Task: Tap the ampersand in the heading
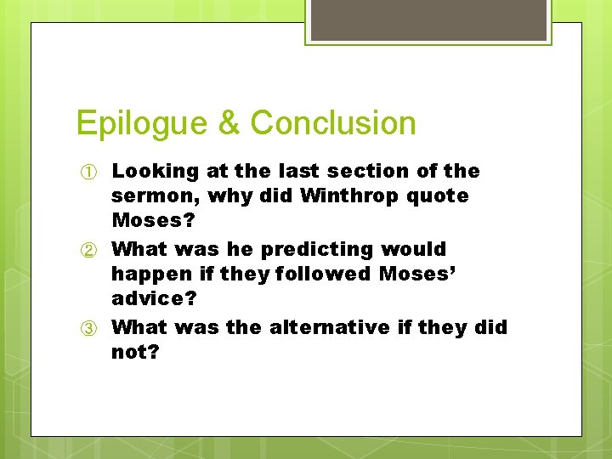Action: pos(229,123)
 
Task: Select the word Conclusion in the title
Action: pos(333,123)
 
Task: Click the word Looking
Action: pos(155,172)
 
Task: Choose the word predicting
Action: pos(316,250)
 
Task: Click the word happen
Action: pos(145,275)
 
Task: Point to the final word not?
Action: pos(134,352)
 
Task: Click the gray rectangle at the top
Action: pos(428,19)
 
